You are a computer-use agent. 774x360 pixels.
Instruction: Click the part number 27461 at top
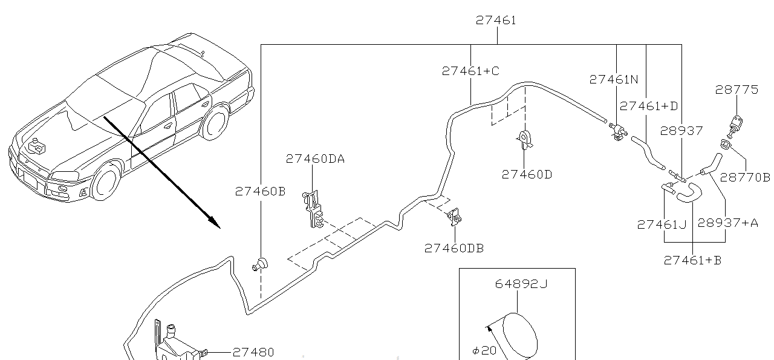coord(496,20)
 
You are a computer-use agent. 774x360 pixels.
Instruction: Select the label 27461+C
coord(470,71)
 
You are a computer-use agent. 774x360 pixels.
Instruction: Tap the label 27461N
coord(614,79)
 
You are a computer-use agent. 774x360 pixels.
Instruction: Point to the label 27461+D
coord(649,106)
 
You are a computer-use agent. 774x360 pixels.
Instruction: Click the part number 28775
coord(737,90)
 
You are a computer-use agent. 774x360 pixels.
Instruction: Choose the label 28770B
coord(745,177)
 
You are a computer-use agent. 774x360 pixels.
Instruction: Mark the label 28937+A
coord(727,223)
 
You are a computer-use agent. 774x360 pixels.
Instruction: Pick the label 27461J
coord(662,224)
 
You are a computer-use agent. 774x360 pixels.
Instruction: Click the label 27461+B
coord(692,260)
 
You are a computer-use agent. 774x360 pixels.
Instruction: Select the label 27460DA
coord(315,159)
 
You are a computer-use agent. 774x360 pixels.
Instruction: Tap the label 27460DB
coord(454,248)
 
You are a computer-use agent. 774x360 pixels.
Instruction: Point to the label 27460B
coord(260,191)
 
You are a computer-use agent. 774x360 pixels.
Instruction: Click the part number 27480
coord(253,352)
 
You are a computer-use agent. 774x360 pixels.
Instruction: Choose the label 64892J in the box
coord(521,284)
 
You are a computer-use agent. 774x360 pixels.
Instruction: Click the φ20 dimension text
coord(484,350)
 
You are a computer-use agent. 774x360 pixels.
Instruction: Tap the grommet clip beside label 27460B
coord(261,264)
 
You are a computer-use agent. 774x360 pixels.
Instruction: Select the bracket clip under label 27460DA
coord(313,209)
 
